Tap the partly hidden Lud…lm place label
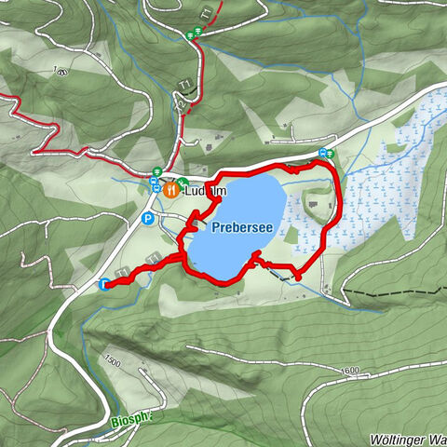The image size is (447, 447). click(207, 190)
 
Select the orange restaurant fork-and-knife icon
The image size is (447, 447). click(170, 189)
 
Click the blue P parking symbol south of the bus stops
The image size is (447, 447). click(147, 220)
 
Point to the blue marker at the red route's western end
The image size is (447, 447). click(103, 284)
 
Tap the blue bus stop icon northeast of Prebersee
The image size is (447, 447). click(322, 154)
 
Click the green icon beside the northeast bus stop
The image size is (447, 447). click(331, 154)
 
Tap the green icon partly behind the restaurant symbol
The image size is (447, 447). click(183, 183)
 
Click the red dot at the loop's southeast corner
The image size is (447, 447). click(298, 277)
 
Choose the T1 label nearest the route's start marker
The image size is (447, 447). click(123, 271)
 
